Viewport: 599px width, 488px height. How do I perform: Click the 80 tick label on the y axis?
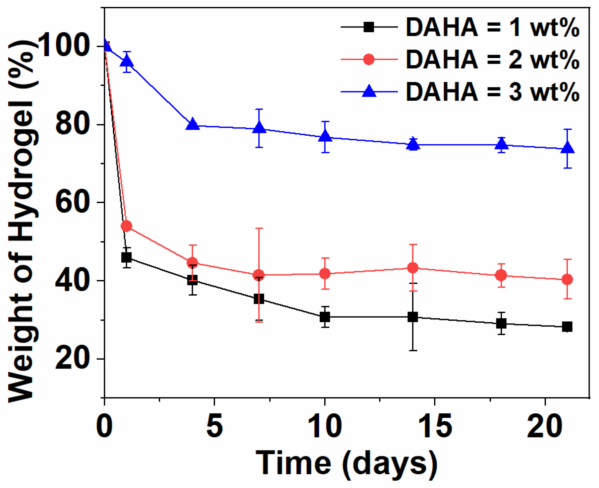(73, 125)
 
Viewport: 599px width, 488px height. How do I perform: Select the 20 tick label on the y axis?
(73, 359)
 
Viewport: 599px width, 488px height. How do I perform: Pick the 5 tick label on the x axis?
(215, 427)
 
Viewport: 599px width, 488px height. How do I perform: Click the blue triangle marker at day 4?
(192, 124)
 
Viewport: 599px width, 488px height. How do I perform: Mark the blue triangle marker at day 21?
(568, 148)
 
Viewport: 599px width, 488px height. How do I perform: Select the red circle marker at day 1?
(127, 226)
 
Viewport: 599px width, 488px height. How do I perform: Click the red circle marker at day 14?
(413, 268)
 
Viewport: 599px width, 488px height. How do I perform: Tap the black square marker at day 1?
(126, 257)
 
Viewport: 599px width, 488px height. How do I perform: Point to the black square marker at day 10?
(325, 317)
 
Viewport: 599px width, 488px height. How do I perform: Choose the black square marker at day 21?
(567, 327)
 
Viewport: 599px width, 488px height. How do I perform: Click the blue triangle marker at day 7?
(259, 128)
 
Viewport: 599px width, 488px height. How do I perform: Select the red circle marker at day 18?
(501, 275)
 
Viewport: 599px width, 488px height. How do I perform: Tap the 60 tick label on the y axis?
(73, 203)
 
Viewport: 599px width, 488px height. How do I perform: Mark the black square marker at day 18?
(501, 323)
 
